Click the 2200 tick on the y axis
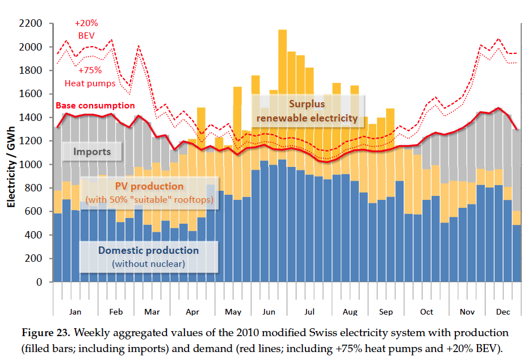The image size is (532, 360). pyautogui.click(x=31, y=24)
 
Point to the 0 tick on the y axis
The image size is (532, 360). pyautogui.click(x=39, y=282)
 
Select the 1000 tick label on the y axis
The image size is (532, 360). pyautogui.click(x=31, y=165)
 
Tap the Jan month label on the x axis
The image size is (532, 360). pyautogui.click(x=75, y=312)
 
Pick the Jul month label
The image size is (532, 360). pyautogui.click(x=309, y=312)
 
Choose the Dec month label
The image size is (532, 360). pyautogui.click(x=502, y=312)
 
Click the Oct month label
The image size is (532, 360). pyautogui.click(x=426, y=312)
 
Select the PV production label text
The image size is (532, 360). pyautogui.click(x=149, y=186)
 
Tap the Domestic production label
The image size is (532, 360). pyautogui.click(x=148, y=250)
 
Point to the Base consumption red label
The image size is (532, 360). pyautogui.click(x=95, y=106)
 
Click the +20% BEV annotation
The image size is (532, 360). pyautogui.click(x=86, y=28)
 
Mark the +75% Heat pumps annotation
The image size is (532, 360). pyautogui.click(x=90, y=77)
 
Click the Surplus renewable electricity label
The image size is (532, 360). pyautogui.click(x=307, y=111)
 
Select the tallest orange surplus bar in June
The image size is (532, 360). pyautogui.click(x=282, y=57)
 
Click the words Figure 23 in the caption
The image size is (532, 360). pyautogui.click(x=45, y=332)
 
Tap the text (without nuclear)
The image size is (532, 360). pyautogui.click(x=148, y=263)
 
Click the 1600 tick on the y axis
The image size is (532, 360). pyautogui.click(x=31, y=94)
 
